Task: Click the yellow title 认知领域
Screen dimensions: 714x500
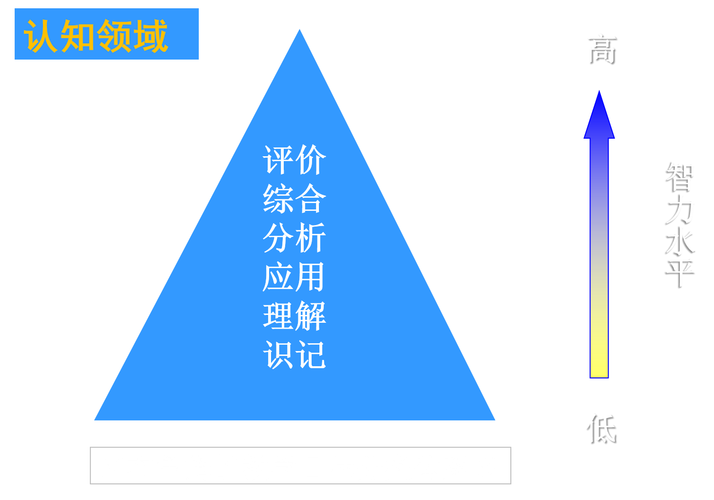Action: pyautogui.click(x=96, y=36)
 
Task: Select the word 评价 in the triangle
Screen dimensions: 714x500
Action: pyautogui.click(x=294, y=160)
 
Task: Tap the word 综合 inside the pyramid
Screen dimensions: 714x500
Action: pyautogui.click(x=294, y=199)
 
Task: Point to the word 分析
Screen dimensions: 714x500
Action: pyautogui.click(x=294, y=238)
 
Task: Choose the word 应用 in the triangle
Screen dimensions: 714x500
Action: pyautogui.click(x=294, y=277)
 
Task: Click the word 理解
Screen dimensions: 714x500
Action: pyautogui.click(x=294, y=316)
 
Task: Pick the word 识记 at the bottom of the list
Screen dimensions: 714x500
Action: pyautogui.click(x=294, y=355)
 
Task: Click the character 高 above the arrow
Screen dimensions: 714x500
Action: pyautogui.click(x=601, y=49)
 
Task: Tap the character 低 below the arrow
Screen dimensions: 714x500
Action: pyautogui.click(x=601, y=428)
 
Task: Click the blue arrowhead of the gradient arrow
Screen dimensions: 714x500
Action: pyautogui.click(x=599, y=117)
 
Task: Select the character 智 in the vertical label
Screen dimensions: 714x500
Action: pyautogui.click(x=681, y=176)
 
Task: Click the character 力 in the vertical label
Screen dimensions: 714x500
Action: pyautogui.click(x=681, y=209)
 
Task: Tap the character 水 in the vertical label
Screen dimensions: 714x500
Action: pyautogui.click(x=681, y=241)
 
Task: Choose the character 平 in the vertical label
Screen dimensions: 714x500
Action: pyautogui.click(x=681, y=272)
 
